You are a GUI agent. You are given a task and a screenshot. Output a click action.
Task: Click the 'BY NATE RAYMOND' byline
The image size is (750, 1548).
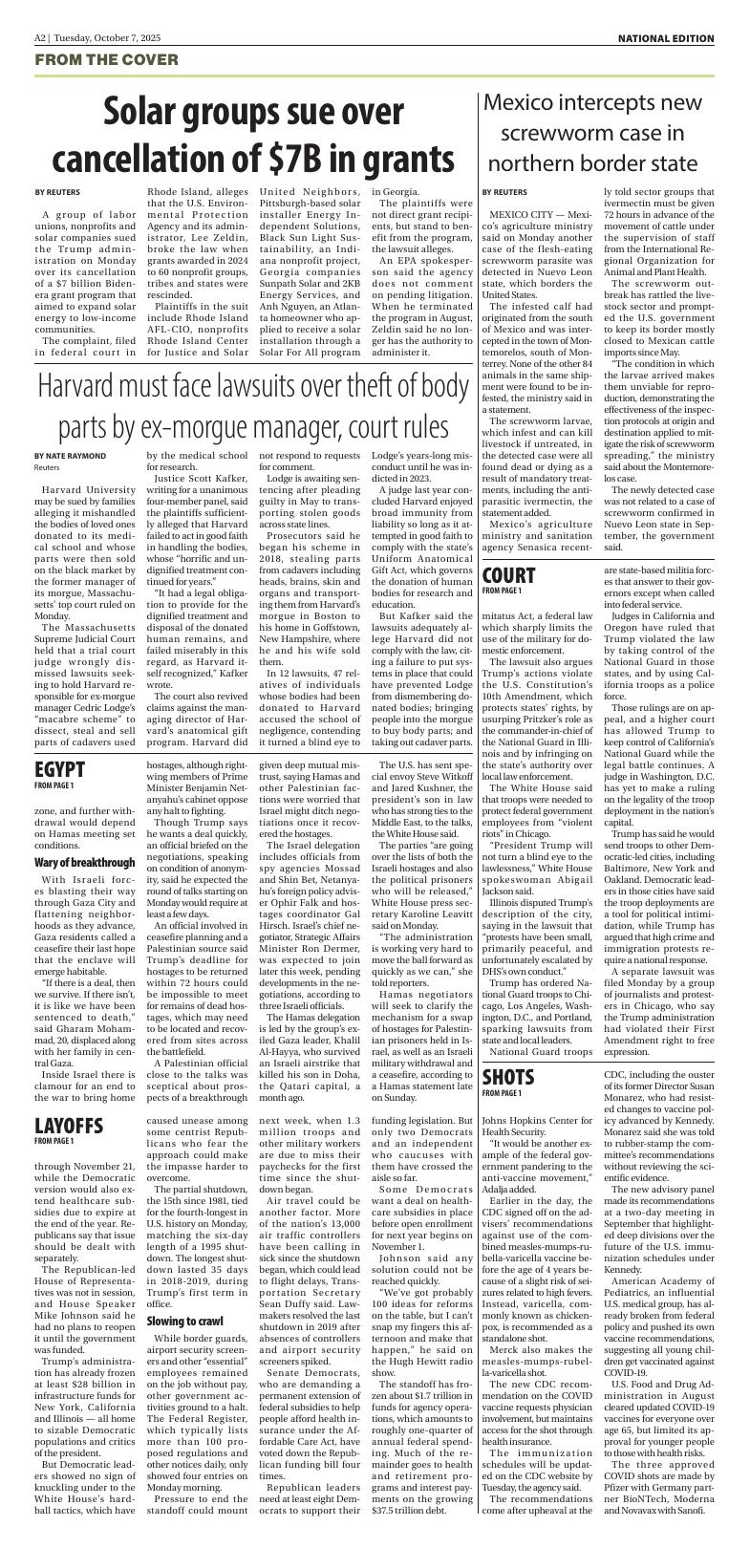[x=71, y=456]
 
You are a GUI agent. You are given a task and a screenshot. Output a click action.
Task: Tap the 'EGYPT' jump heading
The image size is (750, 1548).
[x=59, y=742]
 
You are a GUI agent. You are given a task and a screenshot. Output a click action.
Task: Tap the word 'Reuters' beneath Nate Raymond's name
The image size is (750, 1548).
[x=47, y=468]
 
